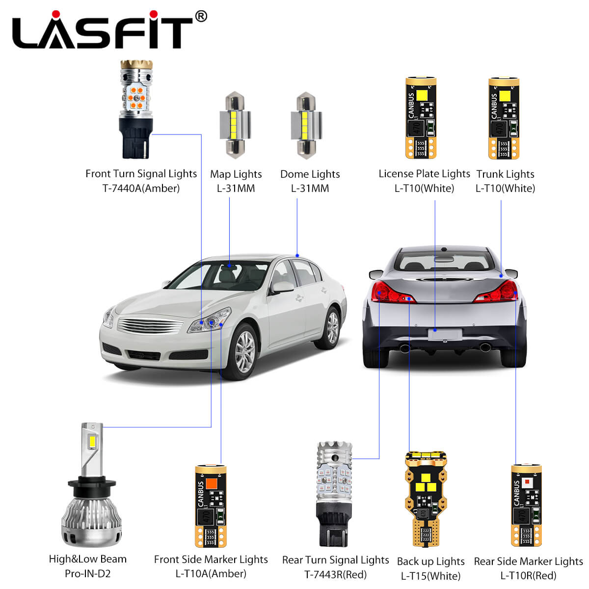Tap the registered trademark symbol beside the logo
tap(201, 16)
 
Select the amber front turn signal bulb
tap(136, 109)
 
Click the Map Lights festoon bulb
tap(235, 125)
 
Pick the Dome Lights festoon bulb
tap(306, 125)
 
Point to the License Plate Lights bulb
tap(421, 118)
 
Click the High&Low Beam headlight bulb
tap(92, 485)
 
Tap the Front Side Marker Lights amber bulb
tap(211, 506)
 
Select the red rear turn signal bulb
tap(334, 494)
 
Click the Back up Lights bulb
tap(426, 499)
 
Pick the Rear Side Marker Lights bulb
tap(526, 505)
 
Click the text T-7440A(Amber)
tap(141, 188)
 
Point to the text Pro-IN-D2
tap(88, 574)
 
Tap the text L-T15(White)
tap(430, 576)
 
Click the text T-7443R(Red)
tap(335, 575)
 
